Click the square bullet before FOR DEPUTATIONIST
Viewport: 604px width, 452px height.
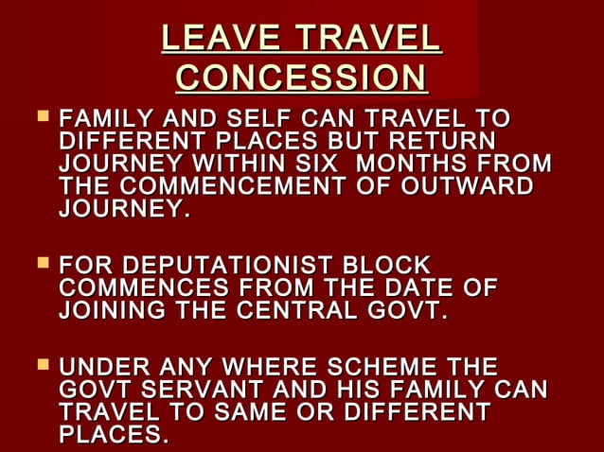point(41,266)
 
